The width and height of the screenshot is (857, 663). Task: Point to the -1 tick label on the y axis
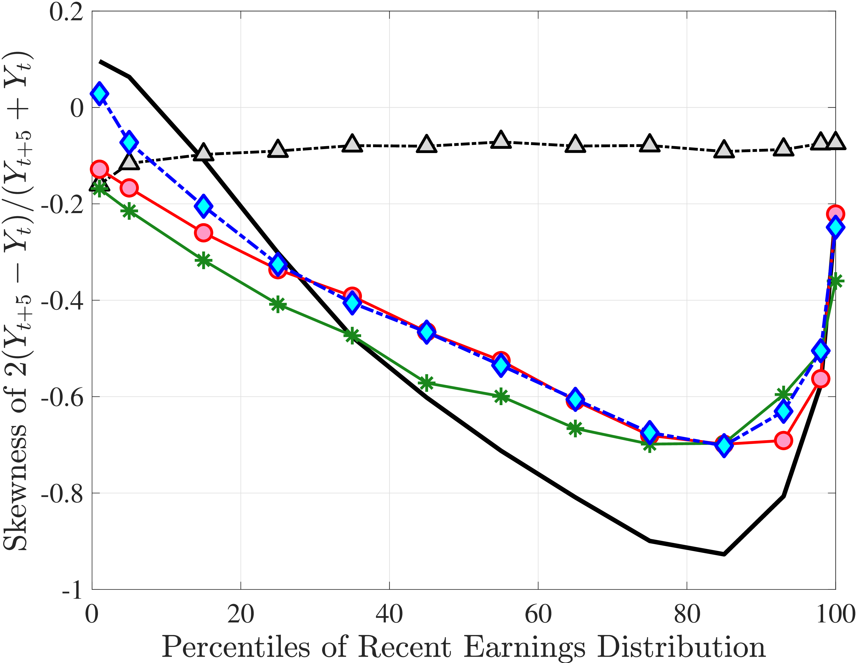click(72, 589)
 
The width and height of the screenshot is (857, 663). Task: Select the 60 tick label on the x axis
click(538, 614)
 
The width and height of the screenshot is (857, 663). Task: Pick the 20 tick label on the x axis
click(240, 614)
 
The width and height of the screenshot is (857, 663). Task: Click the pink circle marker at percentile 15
click(203, 233)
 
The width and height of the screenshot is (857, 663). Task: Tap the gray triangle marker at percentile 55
click(501, 140)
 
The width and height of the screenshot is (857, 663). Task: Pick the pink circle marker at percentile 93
click(783, 441)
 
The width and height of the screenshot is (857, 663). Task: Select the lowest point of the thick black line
click(724, 554)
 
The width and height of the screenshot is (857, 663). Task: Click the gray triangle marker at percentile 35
click(352, 144)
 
